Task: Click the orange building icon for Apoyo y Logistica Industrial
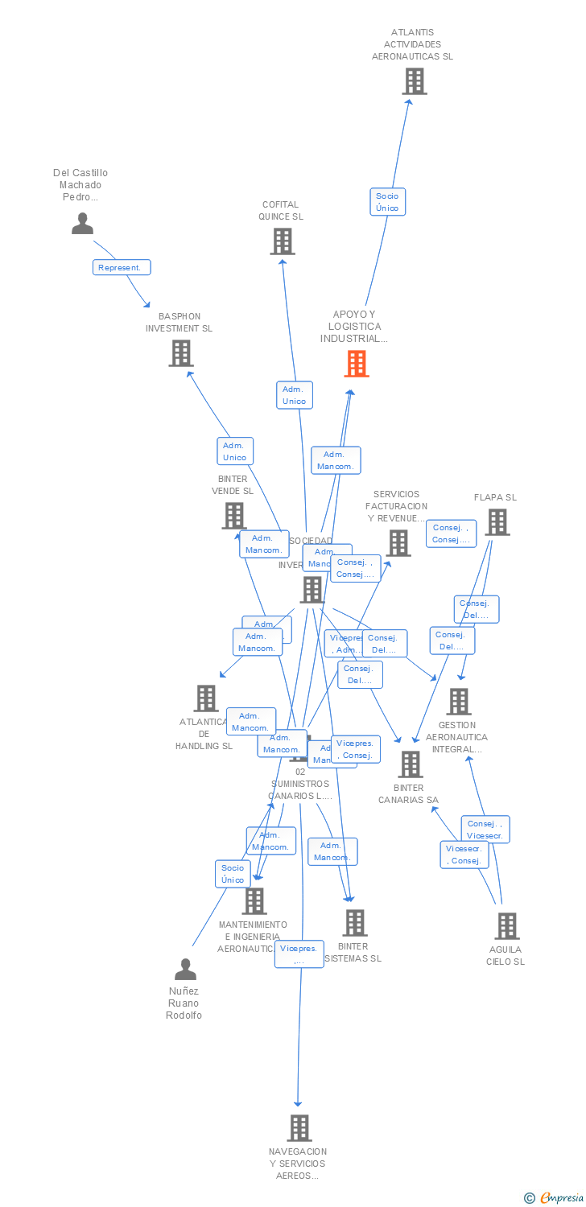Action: click(356, 364)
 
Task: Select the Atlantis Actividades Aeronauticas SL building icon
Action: click(414, 81)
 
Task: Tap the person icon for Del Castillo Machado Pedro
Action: click(82, 223)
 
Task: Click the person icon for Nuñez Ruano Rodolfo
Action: click(185, 969)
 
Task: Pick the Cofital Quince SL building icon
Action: click(282, 241)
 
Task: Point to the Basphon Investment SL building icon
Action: click(180, 352)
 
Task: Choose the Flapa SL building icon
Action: click(497, 522)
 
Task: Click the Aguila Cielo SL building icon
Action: click(506, 926)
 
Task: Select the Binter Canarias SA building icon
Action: click(410, 764)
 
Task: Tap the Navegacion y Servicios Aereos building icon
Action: click(299, 1128)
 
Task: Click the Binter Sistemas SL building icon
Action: click(354, 923)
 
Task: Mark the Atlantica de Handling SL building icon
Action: click(206, 698)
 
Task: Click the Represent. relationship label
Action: click(122, 267)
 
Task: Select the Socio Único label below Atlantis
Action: click(387, 202)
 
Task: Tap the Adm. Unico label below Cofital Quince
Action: click(294, 395)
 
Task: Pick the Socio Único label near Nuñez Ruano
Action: click(233, 874)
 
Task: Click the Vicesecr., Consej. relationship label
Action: click(464, 855)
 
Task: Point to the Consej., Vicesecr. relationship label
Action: click(485, 829)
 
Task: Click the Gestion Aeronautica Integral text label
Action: click(456, 737)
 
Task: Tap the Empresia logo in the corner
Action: click(555, 1198)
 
